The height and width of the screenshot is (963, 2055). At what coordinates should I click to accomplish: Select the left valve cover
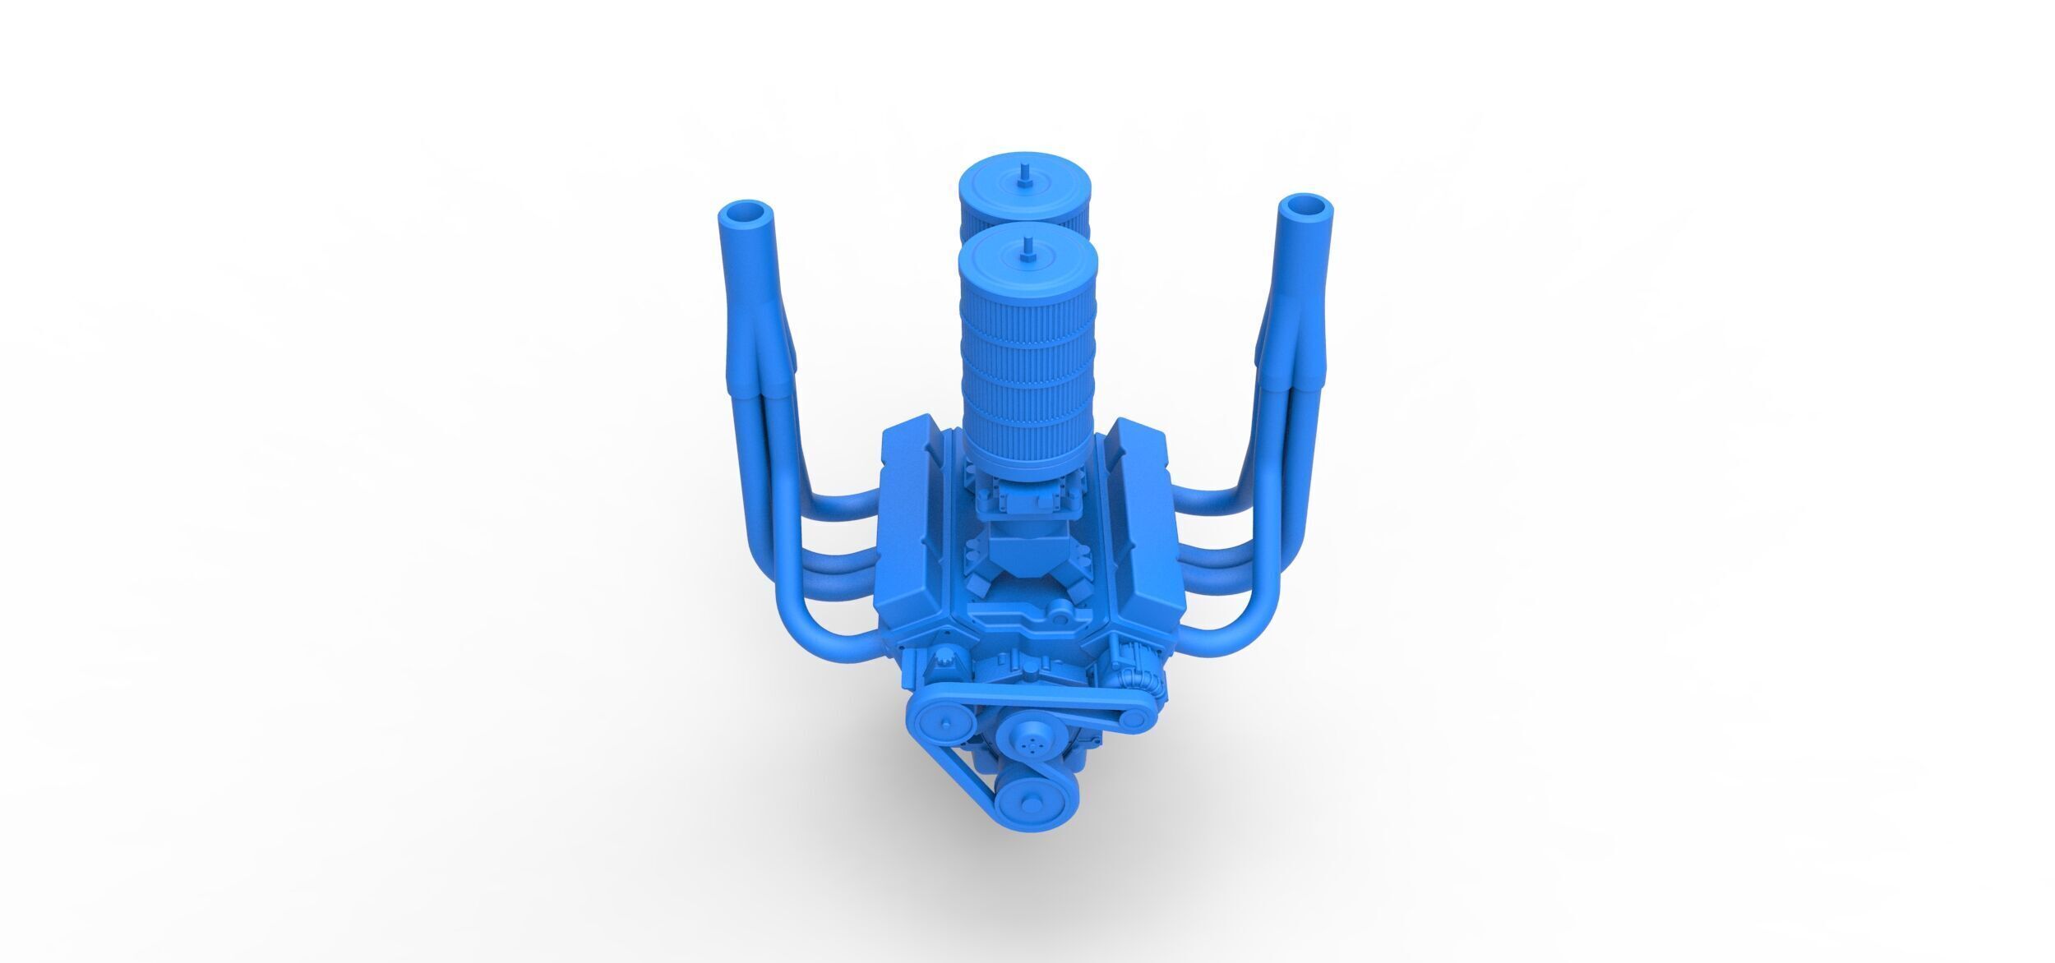pyautogui.click(x=919, y=518)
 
